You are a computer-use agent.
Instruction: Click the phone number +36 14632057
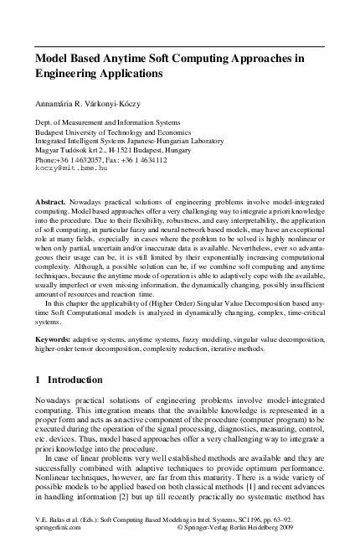pyautogui.click(x=79, y=159)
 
